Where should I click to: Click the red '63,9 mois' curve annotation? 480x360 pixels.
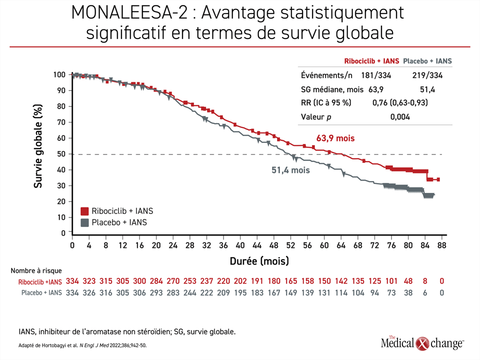[x=335, y=138]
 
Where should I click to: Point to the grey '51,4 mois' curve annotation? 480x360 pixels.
[x=290, y=170]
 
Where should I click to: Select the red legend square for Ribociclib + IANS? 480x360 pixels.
[x=84, y=211]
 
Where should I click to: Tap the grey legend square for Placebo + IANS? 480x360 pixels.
[x=84, y=222]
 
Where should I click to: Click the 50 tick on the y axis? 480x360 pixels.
[x=61, y=154]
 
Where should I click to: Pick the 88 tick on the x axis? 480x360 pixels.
[x=441, y=245]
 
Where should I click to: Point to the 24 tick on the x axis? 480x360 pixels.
[x=173, y=245]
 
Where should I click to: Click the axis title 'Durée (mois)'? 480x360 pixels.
[x=259, y=261]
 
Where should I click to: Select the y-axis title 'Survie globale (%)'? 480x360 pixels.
[x=37, y=146]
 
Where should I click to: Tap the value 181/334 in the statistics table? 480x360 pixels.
[x=376, y=75]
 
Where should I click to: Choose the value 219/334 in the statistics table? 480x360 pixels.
[x=427, y=75]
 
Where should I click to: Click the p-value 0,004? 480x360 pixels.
[x=400, y=117]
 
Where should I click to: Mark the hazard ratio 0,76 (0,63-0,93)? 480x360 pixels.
[x=400, y=102]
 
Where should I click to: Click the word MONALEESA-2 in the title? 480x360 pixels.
[x=129, y=13]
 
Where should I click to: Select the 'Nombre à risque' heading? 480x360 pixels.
[x=36, y=270]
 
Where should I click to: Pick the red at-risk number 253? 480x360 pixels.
[x=190, y=281]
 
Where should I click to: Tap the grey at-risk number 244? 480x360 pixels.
[x=190, y=293]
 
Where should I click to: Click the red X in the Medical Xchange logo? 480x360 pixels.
[x=423, y=343]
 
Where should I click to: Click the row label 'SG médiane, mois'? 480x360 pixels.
[x=332, y=89]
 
